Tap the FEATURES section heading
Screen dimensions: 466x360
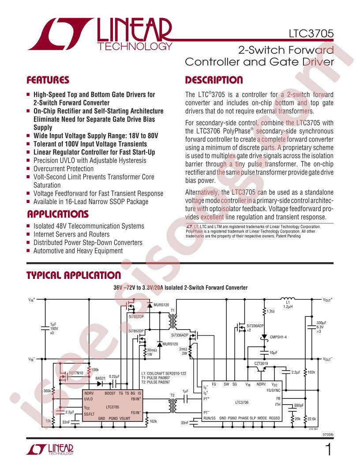pyautogui.click(x=48, y=80)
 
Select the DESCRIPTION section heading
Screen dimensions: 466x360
pyautogui.click(x=214, y=80)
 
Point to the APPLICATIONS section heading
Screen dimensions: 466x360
pyautogui.click(x=58, y=214)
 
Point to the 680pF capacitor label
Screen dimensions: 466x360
pyautogui.click(x=300, y=406)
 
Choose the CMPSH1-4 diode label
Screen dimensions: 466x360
pyautogui.click(x=278, y=337)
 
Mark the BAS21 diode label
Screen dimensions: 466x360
pyautogui.click(x=101, y=378)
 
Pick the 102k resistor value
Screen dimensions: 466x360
pyautogui.click(x=311, y=372)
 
